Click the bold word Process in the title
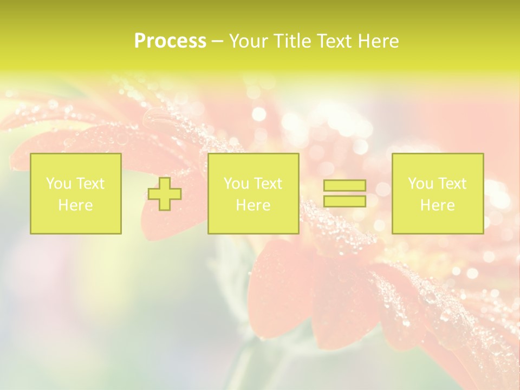[170, 41]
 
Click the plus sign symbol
[165, 194]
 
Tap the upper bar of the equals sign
[344, 185]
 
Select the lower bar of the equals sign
[344, 201]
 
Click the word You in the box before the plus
[58, 184]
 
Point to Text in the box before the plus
[89, 184]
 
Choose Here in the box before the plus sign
[75, 205]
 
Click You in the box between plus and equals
[236, 184]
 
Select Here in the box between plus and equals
[253, 205]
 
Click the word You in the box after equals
[420, 184]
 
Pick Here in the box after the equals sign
[437, 205]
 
